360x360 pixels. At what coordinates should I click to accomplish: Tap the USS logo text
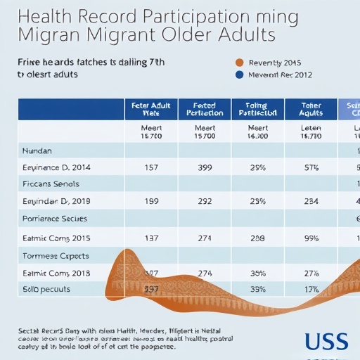click(326, 341)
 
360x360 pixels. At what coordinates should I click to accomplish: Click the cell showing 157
click(151, 168)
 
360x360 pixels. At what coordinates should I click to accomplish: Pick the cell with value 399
click(205, 168)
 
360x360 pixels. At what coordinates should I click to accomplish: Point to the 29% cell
click(257, 168)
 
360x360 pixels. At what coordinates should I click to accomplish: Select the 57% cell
click(311, 168)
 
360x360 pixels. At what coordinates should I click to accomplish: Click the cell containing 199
click(151, 202)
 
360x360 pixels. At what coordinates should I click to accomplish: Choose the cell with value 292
click(205, 202)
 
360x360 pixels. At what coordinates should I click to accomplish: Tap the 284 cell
click(311, 202)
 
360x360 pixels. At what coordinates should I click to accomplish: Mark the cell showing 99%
click(311, 238)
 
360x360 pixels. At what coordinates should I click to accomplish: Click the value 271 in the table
click(205, 238)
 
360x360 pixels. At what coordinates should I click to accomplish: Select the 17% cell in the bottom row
click(311, 289)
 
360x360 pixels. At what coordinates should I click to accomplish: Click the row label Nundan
click(37, 150)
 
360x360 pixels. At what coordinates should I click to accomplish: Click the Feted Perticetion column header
click(205, 109)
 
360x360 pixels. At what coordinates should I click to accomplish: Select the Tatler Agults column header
click(311, 109)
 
